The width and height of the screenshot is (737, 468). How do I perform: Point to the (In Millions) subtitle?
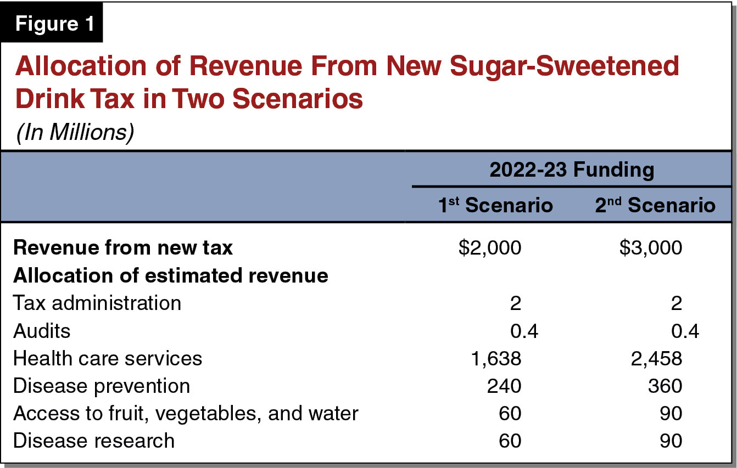click(75, 133)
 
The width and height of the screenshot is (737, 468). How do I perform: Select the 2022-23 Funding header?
click(572, 170)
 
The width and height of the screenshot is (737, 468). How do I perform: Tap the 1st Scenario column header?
click(495, 205)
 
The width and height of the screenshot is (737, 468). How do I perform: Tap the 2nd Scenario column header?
click(655, 205)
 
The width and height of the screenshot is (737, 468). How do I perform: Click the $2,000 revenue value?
click(490, 248)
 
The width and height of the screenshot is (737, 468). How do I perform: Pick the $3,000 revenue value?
click(651, 248)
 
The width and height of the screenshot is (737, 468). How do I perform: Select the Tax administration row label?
click(97, 303)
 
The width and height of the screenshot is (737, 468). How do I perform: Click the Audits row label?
click(42, 331)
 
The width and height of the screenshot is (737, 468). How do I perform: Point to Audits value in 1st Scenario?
click(524, 331)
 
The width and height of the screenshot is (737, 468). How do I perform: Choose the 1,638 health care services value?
click(495, 358)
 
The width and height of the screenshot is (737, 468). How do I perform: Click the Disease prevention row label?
click(102, 386)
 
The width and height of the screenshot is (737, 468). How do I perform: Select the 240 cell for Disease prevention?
click(504, 386)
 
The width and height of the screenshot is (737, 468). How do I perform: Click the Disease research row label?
click(94, 441)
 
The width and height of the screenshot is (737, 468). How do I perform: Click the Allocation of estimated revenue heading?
click(171, 275)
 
